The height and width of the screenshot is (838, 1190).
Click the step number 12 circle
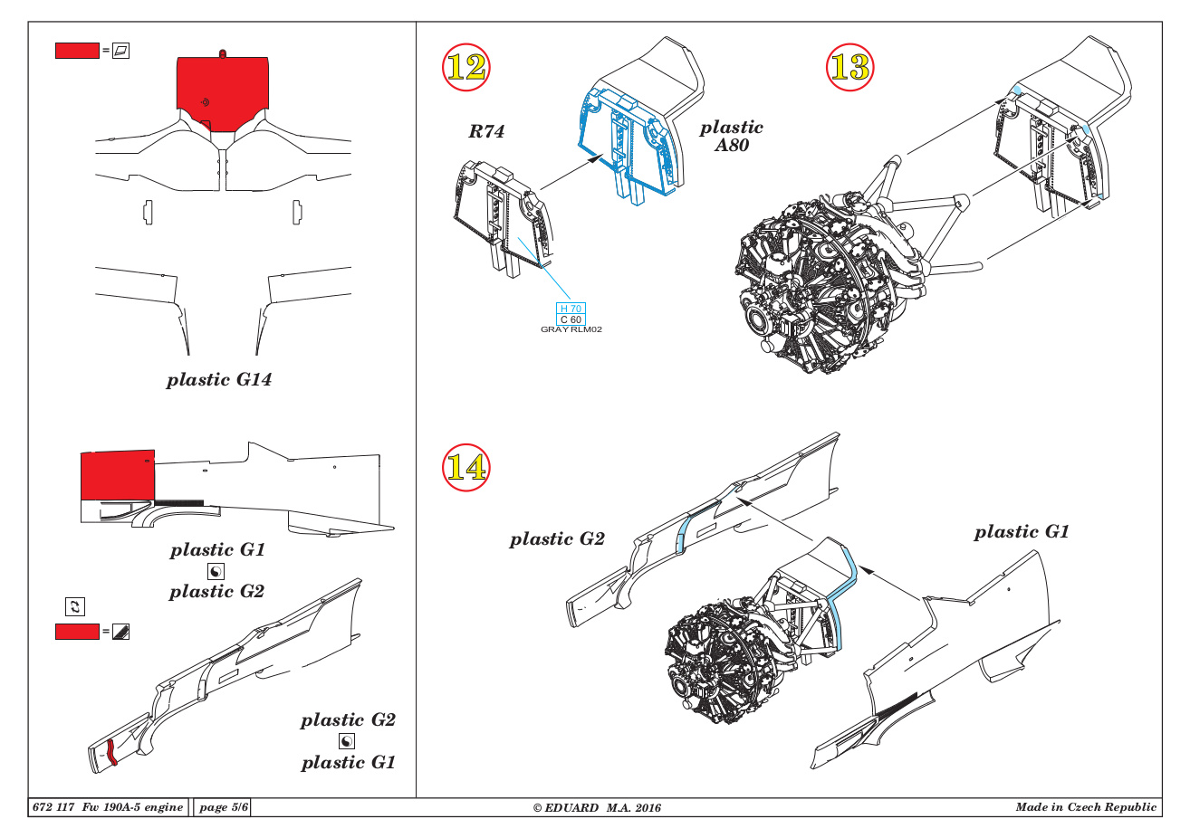tap(466, 67)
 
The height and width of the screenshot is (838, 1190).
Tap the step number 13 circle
tap(849, 67)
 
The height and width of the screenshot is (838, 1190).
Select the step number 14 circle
tap(466, 467)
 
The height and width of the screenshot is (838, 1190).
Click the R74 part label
tap(486, 132)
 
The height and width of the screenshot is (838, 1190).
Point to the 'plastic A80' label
tap(731, 136)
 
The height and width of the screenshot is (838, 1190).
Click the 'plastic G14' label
tap(219, 380)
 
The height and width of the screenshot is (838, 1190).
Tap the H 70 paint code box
tap(571, 309)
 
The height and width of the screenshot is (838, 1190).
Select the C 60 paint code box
tap(571, 319)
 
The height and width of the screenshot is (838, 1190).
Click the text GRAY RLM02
tap(571, 329)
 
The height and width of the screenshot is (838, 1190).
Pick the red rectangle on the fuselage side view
tap(117, 475)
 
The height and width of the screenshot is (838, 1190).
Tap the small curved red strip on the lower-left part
tap(111, 752)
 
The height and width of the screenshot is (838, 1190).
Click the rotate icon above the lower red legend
tap(75, 606)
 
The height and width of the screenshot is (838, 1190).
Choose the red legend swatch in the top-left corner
tap(77, 51)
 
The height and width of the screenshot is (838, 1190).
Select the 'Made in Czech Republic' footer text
tap(1086, 807)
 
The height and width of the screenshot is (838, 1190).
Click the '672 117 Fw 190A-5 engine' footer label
tap(108, 807)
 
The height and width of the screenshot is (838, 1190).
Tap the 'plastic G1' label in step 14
tap(1022, 532)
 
